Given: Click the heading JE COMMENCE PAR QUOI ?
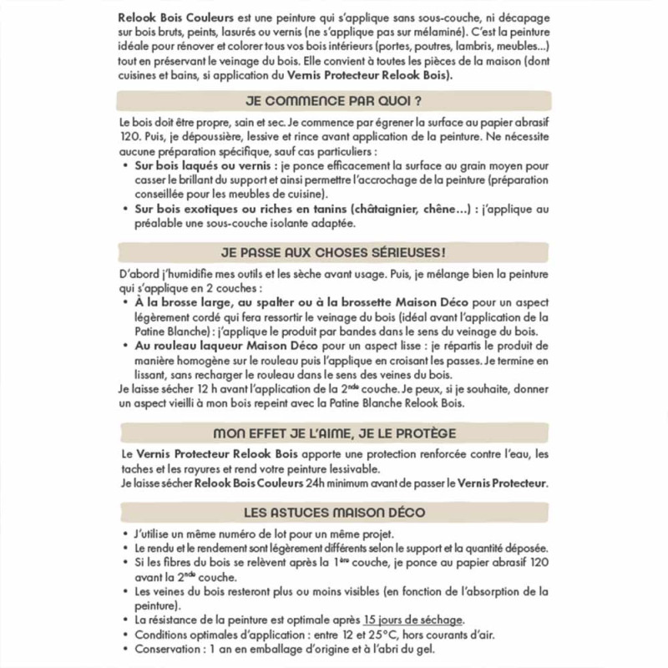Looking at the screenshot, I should [x=333, y=103].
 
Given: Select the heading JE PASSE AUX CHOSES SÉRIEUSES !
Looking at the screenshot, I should [x=333, y=251].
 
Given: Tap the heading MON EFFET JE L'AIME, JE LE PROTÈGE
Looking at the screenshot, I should [x=333, y=433].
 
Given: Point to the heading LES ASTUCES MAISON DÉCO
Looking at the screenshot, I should [x=333, y=512].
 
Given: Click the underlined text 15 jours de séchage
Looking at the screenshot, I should [x=413, y=620].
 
